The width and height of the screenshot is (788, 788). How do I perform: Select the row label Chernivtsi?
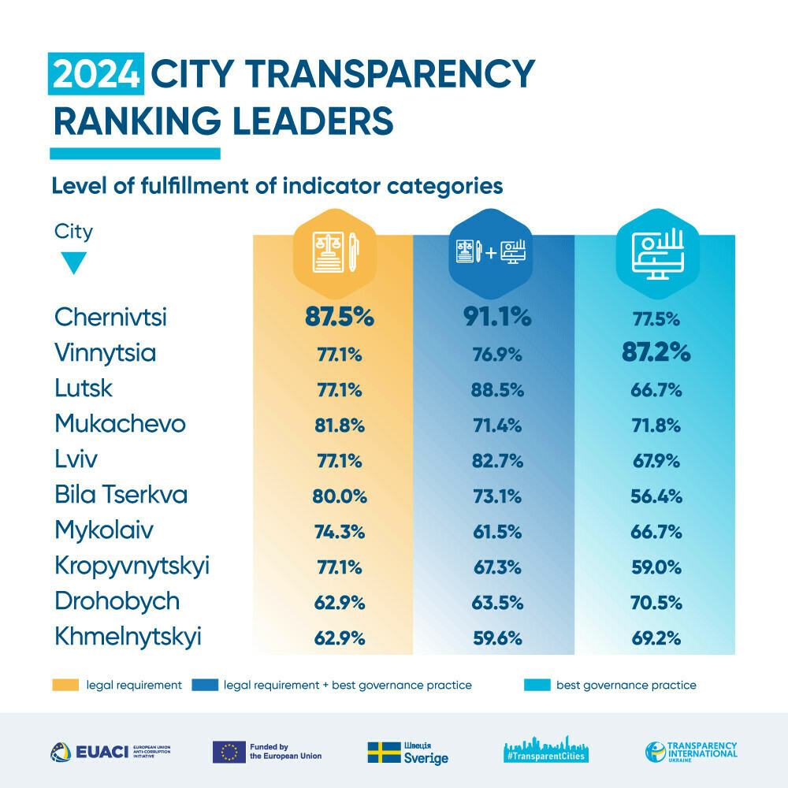(111, 317)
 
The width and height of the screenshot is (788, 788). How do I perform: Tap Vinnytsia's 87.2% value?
(655, 352)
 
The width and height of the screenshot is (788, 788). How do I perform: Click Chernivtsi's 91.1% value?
(496, 317)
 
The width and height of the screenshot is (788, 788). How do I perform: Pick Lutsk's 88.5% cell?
(496, 388)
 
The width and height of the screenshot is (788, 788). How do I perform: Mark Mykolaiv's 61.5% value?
(496, 532)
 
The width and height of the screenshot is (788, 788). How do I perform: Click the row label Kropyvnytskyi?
(132, 567)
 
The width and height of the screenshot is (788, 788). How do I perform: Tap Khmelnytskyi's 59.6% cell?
(496, 638)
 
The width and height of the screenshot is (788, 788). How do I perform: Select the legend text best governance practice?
(626, 685)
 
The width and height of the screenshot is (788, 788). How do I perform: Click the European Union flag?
(228, 752)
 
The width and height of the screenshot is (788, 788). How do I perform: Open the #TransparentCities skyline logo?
(547, 750)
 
